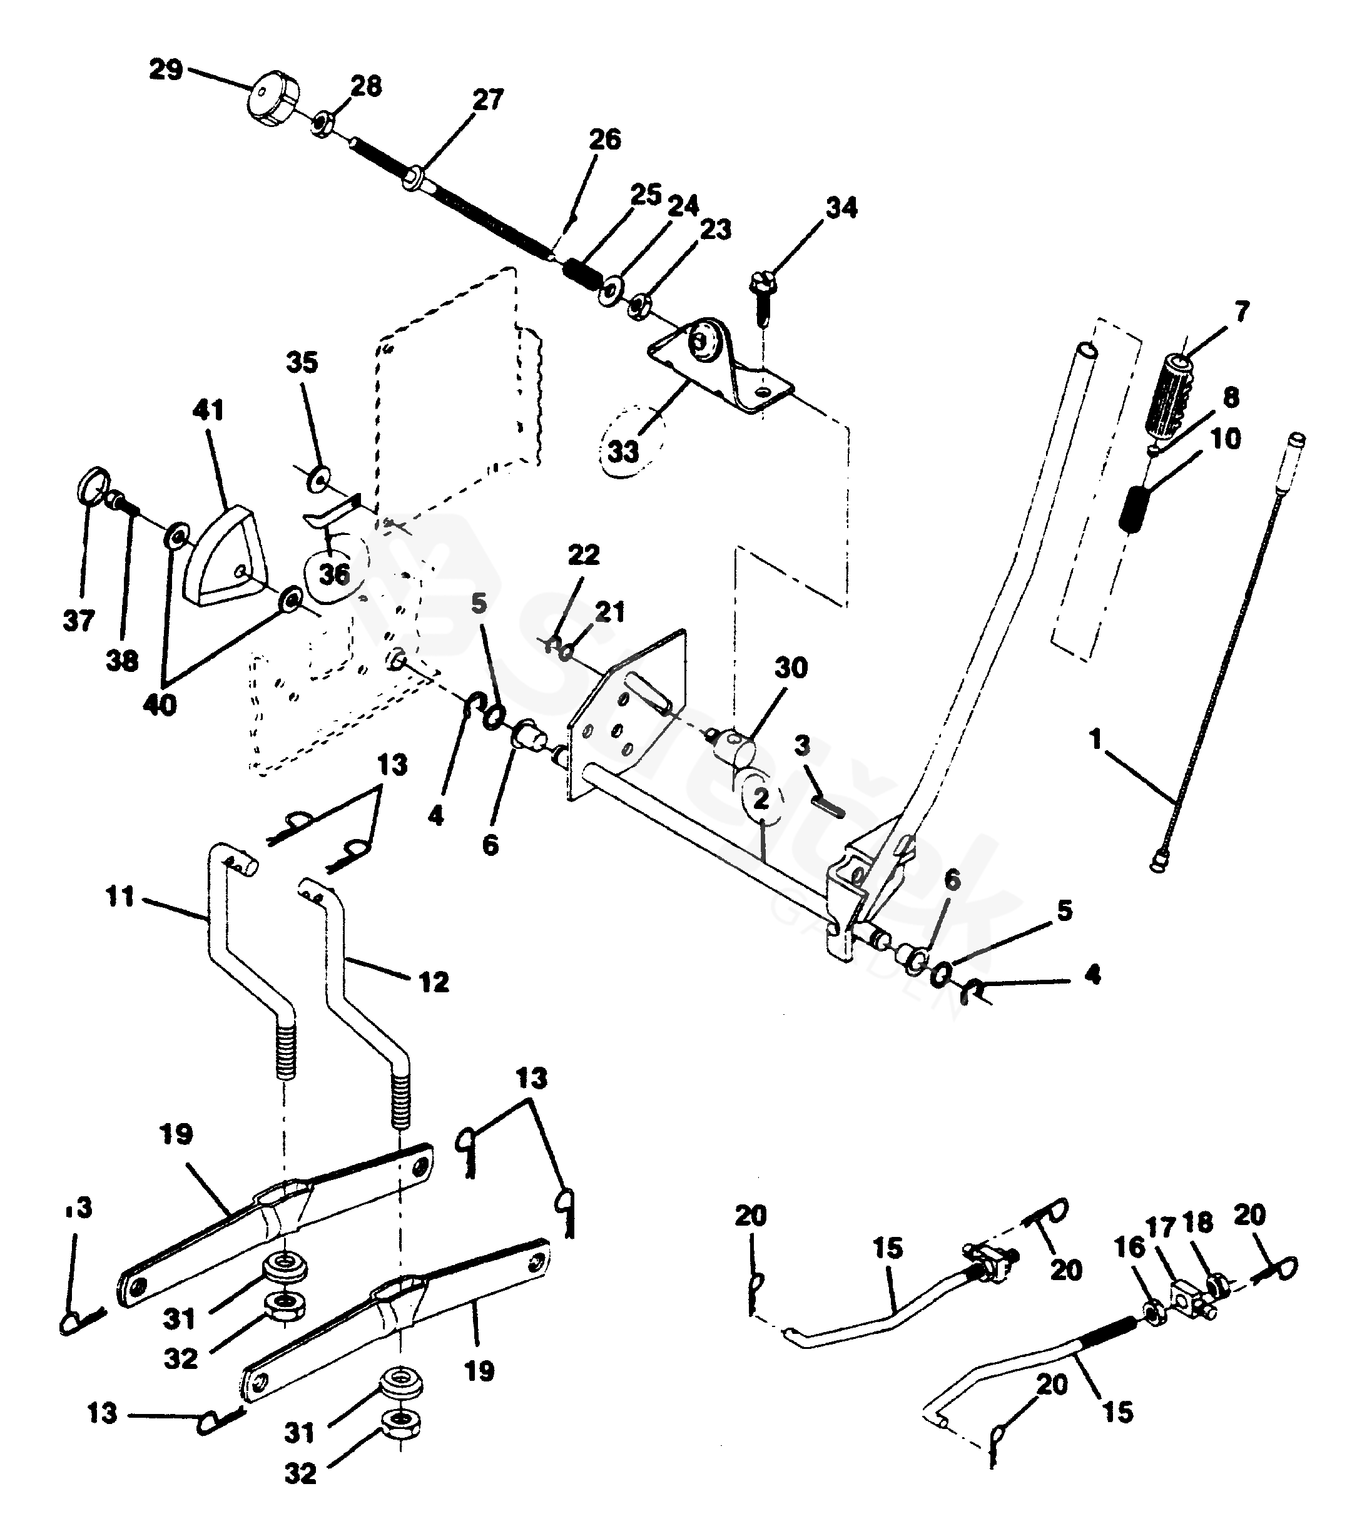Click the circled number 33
pyautogui.click(x=623, y=452)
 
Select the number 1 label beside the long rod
pyautogui.click(x=1095, y=740)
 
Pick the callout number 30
pyautogui.click(x=791, y=668)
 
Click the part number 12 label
pyautogui.click(x=434, y=982)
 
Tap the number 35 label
pyautogui.click(x=302, y=362)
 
